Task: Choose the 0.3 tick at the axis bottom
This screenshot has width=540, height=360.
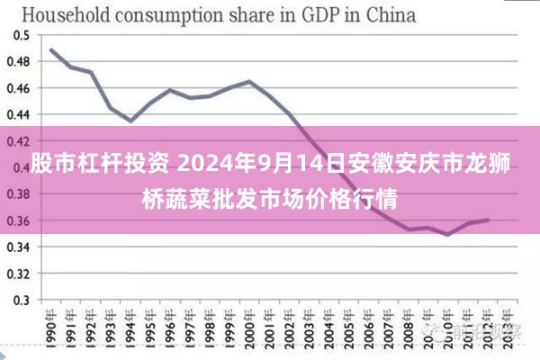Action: pos(21,300)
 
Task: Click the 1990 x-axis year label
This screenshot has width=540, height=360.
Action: pos(51,328)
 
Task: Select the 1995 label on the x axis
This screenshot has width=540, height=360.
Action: pos(150,328)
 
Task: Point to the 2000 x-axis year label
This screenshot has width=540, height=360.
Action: pos(249,328)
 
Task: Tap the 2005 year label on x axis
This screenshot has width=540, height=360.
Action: pos(348,328)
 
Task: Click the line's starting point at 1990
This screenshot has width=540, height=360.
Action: pos(51,49)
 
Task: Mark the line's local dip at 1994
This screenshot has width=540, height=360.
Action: pos(130,121)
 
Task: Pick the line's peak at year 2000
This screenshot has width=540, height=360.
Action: pos(249,81)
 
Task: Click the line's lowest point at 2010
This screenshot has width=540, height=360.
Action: pos(447,234)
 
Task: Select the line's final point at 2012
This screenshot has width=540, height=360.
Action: pos(487,220)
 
